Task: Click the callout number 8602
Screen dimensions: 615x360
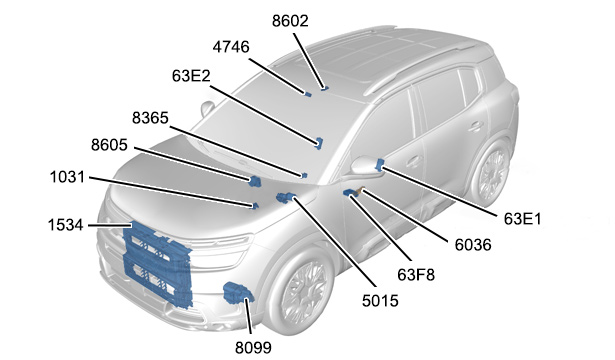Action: click(x=290, y=21)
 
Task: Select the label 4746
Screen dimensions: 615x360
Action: click(x=231, y=47)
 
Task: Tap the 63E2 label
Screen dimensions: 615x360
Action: click(x=191, y=76)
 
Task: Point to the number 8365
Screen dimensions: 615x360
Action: click(x=150, y=118)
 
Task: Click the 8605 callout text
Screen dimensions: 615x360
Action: click(x=109, y=145)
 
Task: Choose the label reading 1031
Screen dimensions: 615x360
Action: click(x=67, y=177)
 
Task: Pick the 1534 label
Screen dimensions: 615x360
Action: click(x=66, y=225)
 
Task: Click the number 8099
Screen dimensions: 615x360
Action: click(x=253, y=348)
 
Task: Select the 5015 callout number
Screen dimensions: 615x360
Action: click(x=380, y=301)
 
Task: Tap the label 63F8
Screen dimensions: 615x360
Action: click(x=416, y=275)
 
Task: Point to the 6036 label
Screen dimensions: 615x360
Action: click(x=473, y=245)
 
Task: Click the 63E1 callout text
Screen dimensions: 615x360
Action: click(x=522, y=219)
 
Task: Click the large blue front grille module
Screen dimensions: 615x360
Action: click(x=158, y=263)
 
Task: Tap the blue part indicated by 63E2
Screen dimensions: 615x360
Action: click(x=320, y=143)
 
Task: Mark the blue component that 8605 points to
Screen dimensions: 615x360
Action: click(x=255, y=181)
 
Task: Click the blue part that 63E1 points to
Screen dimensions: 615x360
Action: click(x=379, y=165)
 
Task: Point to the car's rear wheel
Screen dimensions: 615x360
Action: click(x=490, y=174)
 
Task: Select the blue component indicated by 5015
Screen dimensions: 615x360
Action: click(x=286, y=198)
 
